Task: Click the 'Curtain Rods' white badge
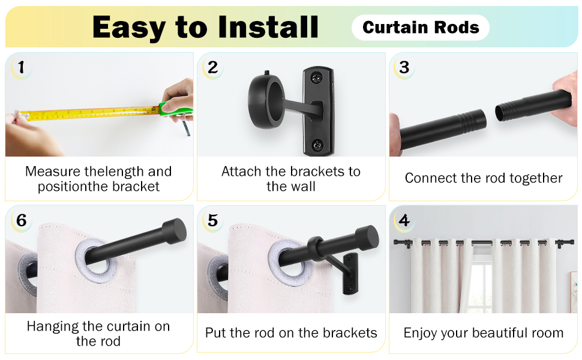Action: tap(420, 28)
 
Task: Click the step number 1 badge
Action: tap(21, 67)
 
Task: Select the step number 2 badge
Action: tap(212, 67)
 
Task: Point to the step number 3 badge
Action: tap(404, 67)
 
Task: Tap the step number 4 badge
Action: tap(404, 220)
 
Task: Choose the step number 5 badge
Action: tap(212, 220)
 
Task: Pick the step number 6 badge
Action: tap(21, 220)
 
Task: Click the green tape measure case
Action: tap(176, 109)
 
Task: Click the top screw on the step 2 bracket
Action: tap(317, 77)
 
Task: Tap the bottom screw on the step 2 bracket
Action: tap(317, 145)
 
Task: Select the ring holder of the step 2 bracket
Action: tap(266, 101)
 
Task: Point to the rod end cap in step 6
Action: tap(175, 231)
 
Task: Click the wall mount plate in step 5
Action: tap(350, 273)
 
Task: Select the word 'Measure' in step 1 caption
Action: tap(53, 172)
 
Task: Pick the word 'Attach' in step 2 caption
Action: tap(241, 172)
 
